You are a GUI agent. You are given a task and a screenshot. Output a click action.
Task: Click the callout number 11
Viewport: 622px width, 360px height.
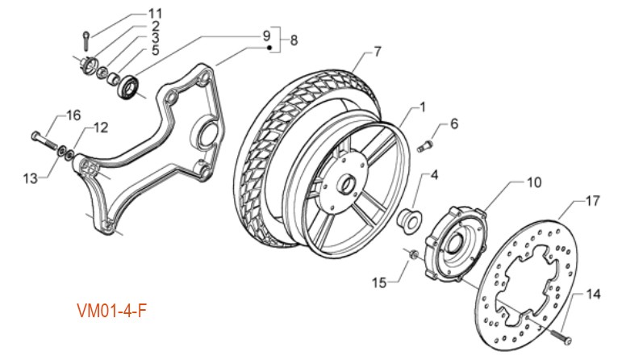pyautogui.click(x=154, y=13)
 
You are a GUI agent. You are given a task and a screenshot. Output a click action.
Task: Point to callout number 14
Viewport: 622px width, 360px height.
pyautogui.click(x=593, y=295)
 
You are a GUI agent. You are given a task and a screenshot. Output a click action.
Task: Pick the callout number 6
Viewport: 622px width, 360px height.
pyautogui.click(x=453, y=124)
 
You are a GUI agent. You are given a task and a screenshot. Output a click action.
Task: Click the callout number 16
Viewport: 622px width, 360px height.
pyautogui.click(x=73, y=116)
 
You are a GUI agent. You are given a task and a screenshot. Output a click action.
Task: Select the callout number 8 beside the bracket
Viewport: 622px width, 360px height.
pyautogui.click(x=294, y=39)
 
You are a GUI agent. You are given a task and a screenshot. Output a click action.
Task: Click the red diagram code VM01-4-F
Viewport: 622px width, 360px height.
pyautogui.click(x=112, y=310)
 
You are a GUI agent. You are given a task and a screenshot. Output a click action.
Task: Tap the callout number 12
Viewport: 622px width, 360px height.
pyautogui.click(x=100, y=128)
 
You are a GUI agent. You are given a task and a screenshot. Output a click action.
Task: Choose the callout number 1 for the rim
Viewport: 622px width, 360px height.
pyautogui.click(x=420, y=107)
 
